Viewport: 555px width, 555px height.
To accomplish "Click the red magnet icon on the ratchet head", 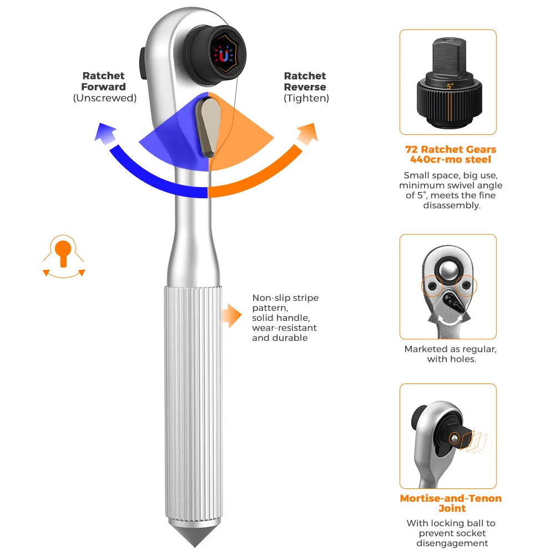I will pyautogui.click(x=223, y=55).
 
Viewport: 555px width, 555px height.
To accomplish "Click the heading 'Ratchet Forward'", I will pyautogui.click(x=104, y=81).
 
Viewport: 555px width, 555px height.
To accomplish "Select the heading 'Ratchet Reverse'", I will pyautogui.click(x=305, y=81).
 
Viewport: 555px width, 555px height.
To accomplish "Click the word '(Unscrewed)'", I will pyautogui.click(x=104, y=98).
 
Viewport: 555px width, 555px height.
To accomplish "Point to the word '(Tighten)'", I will pyautogui.click(x=306, y=98).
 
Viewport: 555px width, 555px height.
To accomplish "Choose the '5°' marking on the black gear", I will pyautogui.click(x=450, y=86).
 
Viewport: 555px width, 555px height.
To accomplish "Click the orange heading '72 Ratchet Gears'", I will pyautogui.click(x=451, y=149).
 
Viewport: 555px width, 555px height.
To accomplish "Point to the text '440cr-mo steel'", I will pyautogui.click(x=451, y=160).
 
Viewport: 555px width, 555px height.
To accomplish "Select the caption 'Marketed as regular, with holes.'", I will pyautogui.click(x=450, y=354).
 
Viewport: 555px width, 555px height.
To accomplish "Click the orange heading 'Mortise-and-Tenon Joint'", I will pyautogui.click(x=451, y=503).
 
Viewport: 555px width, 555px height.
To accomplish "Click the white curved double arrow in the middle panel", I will pyautogui.click(x=448, y=320).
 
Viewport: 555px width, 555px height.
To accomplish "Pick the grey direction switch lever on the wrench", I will pyautogui.click(x=209, y=125).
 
